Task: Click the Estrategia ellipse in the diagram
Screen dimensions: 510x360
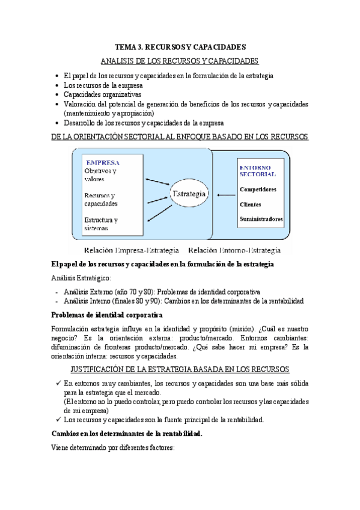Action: click(190, 194)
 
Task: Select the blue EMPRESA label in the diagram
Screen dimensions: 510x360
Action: click(102, 162)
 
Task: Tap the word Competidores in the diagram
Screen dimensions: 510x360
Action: click(258, 189)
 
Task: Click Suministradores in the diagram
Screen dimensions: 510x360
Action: click(261, 220)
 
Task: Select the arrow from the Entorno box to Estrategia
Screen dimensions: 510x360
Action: click(227, 195)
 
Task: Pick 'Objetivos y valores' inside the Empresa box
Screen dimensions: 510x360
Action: click(101, 175)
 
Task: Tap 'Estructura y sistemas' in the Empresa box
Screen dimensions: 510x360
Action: click(101, 224)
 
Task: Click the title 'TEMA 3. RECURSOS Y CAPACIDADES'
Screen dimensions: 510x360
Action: click(180, 47)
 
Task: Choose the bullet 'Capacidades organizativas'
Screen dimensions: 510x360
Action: click(102, 94)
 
